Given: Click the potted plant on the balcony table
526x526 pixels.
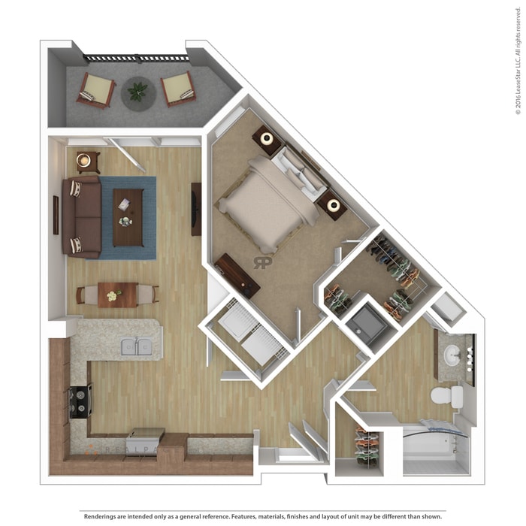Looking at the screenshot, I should (x=137, y=92).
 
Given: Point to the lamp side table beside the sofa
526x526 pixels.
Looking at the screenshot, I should (x=87, y=161).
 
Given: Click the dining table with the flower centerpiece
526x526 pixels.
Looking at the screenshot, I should (x=117, y=294).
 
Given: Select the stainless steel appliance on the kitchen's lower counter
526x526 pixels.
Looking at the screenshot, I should (x=147, y=437).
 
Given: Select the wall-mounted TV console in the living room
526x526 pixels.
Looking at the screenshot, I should (x=196, y=209).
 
